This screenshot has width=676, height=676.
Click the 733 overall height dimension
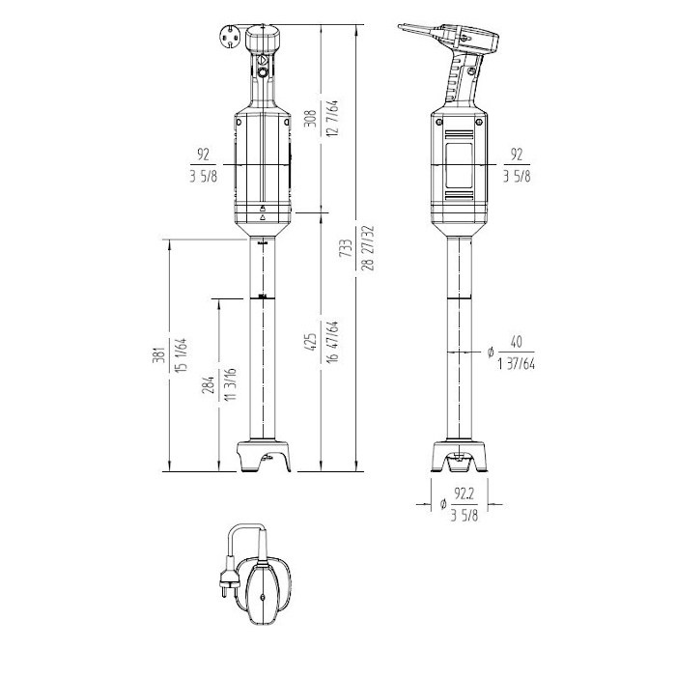346,248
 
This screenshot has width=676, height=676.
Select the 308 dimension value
310,118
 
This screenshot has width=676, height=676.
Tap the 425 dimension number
310,342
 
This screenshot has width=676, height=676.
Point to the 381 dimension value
158,354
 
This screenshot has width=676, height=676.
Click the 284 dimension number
208,384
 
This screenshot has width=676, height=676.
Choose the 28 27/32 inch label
368,248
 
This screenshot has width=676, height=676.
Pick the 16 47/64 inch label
332,342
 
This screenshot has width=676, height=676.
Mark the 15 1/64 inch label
181,354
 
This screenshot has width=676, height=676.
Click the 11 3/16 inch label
230,384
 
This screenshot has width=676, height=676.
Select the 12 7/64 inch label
332,118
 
